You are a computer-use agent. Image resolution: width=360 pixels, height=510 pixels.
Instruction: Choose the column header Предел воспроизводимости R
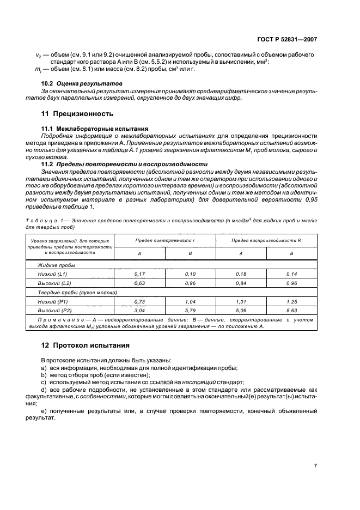(x=266, y=240)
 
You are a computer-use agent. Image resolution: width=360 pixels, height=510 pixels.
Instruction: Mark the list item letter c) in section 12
(x=44, y=382)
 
